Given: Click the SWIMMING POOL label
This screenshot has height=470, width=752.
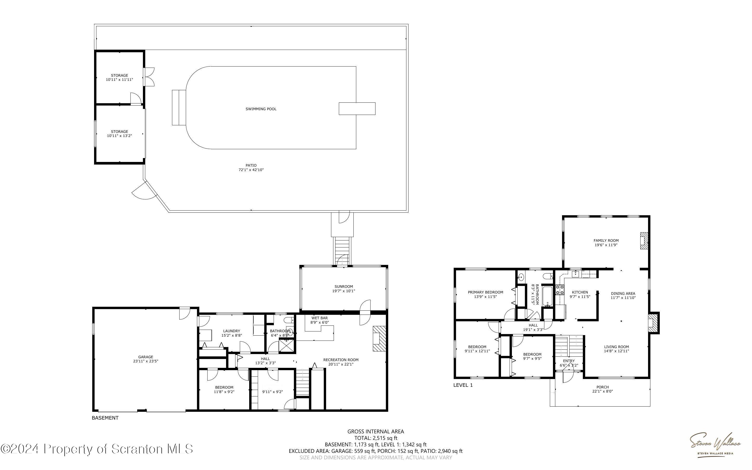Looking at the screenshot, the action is [261, 109].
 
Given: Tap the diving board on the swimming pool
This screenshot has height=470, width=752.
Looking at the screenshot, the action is [357, 108].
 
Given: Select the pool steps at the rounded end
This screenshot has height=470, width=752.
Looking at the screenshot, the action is [179, 108].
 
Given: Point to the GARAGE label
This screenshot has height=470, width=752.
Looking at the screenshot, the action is [146, 357].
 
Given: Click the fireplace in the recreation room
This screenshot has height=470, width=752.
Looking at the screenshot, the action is [379, 338].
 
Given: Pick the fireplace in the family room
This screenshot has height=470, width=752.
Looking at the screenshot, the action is [644, 241].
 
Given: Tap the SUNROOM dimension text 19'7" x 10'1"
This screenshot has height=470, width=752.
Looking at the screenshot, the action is [344, 291].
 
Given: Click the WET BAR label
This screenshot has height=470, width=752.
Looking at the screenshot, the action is [320, 318].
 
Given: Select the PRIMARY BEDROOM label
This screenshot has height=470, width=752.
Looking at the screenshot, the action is [485, 292].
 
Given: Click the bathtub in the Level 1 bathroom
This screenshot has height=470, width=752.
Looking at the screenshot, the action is [547, 296].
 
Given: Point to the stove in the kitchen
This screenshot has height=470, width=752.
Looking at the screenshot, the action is [560, 290].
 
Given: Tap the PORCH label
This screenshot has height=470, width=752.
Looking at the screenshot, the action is [603, 387].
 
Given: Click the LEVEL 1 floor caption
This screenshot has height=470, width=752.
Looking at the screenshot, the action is [463, 385].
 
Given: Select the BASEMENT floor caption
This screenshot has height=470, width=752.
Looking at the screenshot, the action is [105, 418].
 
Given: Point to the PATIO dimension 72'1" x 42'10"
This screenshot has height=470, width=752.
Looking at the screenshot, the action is [251, 170].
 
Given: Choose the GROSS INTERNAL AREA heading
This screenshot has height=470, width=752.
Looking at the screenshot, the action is [375, 432].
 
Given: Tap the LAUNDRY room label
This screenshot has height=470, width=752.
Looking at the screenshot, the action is [232, 331].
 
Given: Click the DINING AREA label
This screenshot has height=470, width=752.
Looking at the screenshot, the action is [623, 293].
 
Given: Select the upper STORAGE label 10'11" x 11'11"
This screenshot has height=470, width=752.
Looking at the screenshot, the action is [120, 77].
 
